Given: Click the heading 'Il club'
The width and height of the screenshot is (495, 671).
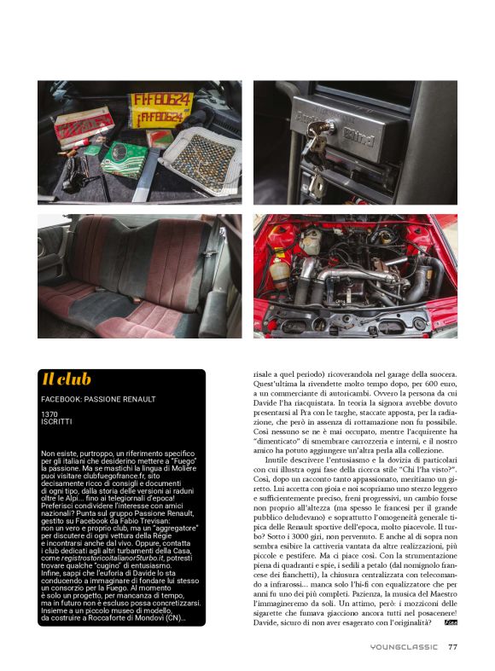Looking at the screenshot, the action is (x=67, y=379).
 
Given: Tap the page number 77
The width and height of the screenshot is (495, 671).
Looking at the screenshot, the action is (x=452, y=646).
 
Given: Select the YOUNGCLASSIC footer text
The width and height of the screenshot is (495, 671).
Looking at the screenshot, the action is (x=404, y=646).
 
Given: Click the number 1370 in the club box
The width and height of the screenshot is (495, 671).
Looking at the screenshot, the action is (x=49, y=414).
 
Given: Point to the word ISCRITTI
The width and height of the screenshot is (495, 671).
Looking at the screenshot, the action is (x=56, y=421).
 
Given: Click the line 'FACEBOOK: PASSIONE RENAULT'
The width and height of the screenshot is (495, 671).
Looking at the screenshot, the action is (x=98, y=399).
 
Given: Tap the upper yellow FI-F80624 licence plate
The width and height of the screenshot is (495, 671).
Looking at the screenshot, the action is (x=160, y=101).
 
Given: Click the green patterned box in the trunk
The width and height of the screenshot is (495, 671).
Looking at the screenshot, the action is (x=125, y=159).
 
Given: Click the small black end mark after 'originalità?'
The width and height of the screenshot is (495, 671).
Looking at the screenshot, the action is (x=451, y=622).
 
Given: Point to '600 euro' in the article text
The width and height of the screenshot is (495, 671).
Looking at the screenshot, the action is (x=444, y=384).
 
